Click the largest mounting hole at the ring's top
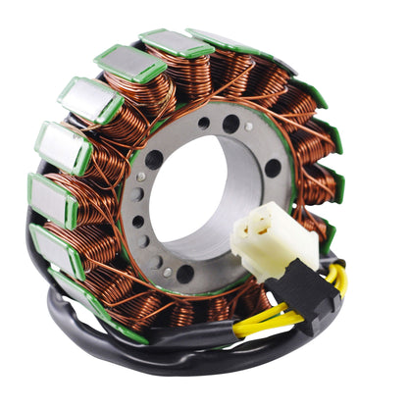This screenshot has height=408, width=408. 231,124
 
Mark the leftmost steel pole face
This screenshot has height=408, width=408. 50,202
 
